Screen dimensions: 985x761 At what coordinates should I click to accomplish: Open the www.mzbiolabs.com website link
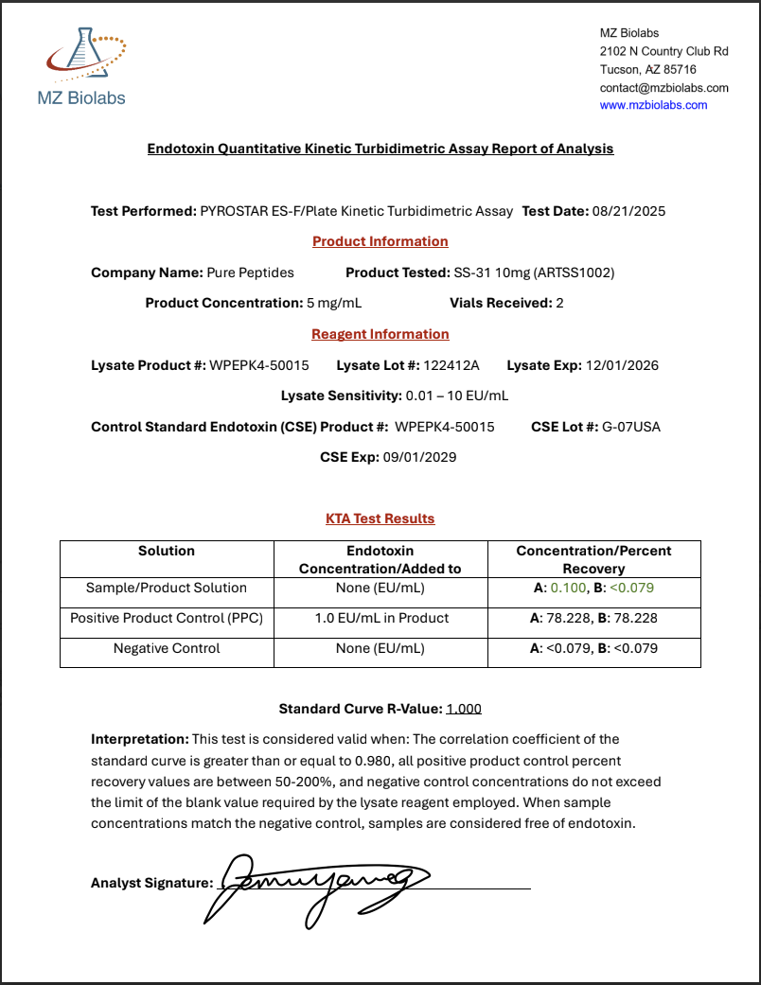pos(653,105)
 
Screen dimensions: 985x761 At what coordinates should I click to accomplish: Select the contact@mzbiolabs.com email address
pos(664,88)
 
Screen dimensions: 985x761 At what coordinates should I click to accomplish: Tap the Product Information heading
pos(380,241)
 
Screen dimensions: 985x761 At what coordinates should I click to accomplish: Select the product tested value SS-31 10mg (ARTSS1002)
pos(534,273)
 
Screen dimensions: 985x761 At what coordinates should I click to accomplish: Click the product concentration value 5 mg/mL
pos(334,303)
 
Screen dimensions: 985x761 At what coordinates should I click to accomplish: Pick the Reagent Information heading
pos(380,334)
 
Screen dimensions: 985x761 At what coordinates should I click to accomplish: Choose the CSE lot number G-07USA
pos(631,427)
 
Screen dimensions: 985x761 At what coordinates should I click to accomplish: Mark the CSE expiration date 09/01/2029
pos(419,457)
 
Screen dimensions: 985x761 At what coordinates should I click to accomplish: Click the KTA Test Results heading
pos(380,519)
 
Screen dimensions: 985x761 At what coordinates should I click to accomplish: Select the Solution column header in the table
pos(167,551)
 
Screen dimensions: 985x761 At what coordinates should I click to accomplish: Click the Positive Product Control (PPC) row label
pos(167,618)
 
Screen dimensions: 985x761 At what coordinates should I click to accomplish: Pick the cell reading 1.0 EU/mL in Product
pos(380,618)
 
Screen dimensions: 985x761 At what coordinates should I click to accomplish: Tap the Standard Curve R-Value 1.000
pos(464,708)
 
